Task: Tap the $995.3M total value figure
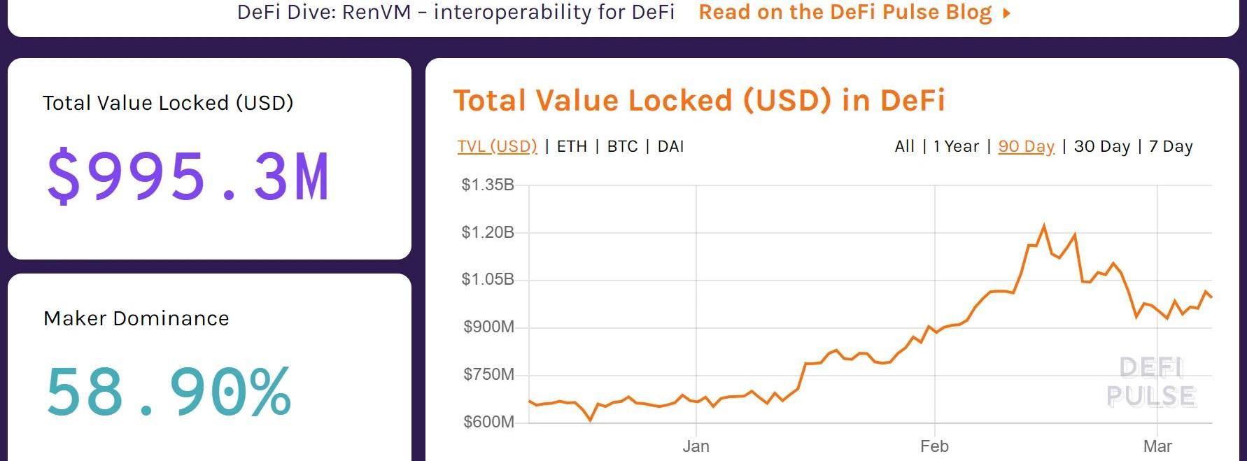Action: (188, 176)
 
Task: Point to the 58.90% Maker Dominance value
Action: (169, 392)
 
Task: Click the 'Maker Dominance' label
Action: (136, 318)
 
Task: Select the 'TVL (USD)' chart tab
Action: (497, 146)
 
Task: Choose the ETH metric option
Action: (572, 146)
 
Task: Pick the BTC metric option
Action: (622, 146)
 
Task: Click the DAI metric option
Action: (670, 146)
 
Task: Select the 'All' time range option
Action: (904, 146)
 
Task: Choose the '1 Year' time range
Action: (956, 146)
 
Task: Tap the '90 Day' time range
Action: (1026, 146)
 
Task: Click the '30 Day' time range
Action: (1101, 146)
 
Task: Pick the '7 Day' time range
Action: (1171, 146)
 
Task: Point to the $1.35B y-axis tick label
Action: (488, 185)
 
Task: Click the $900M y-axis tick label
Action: (488, 327)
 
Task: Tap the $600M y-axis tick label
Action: (488, 422)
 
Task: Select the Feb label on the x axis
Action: (934, 446)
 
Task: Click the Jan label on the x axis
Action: (696, 446)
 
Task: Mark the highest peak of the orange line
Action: (1044, 225)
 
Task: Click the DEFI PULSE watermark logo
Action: (1151, 382)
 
